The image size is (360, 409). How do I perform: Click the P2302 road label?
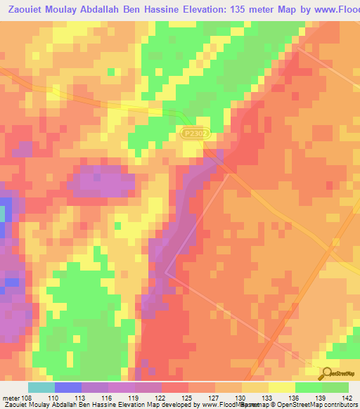pyautogui.click(x=195, y=132)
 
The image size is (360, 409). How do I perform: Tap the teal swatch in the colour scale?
pyautogui.click(x=41, y=387)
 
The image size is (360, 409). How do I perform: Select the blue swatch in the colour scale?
pyautogui.click(x=68, y=387)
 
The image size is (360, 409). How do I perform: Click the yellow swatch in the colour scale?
pyautogui.click(x=282, y=387)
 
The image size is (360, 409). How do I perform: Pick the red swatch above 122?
pyautogui.click(x=175, y=387)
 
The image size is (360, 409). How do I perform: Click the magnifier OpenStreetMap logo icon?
pyautogui.click(x=326, y=373)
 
